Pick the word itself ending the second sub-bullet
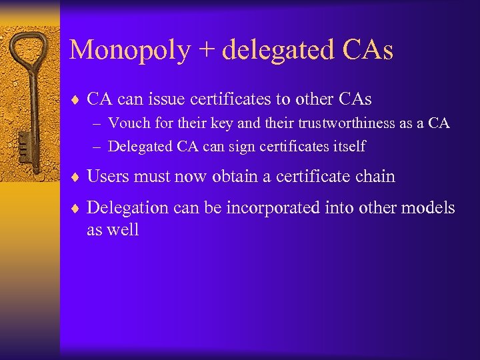(349, 146)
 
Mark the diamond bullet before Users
(75, 177)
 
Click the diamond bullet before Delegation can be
(75, 209)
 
